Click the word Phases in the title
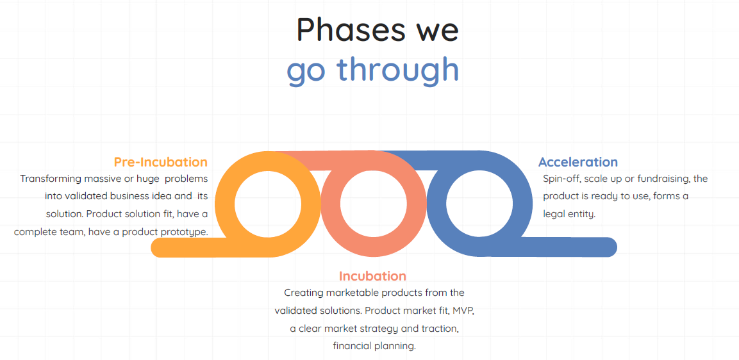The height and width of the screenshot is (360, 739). [351, 29]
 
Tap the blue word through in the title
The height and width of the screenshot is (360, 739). [398, 69]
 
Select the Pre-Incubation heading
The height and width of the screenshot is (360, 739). [161, 162]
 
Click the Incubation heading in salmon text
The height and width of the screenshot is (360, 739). [372, 275]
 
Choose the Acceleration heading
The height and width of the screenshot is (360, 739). [578, 162]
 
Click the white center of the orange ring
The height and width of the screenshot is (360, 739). [268, 204]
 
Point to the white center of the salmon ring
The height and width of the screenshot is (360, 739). [373, 204]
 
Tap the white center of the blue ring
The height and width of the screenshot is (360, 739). [479, 204]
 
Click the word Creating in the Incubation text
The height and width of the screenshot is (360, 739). [303, 293]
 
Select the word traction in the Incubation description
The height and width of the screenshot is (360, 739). [440, 329]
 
